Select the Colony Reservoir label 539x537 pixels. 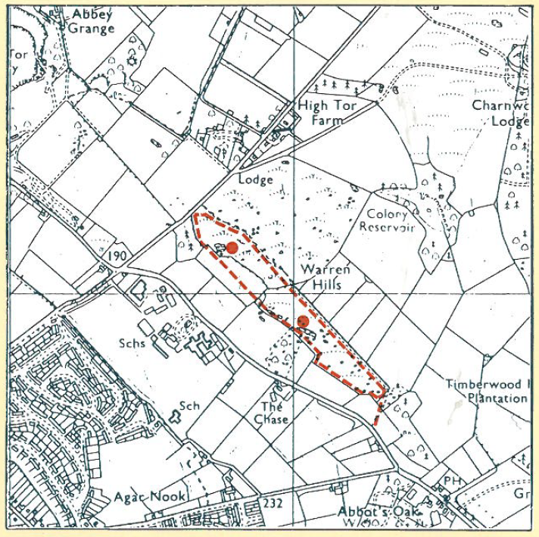coord(388,220)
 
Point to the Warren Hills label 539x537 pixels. coord(325,276)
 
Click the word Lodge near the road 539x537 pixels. coord(254,181)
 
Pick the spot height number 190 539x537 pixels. coord(117,257)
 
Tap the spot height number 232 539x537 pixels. coord(273,503)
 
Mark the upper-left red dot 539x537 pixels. coord(232,248)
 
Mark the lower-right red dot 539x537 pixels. coord(303,321)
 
